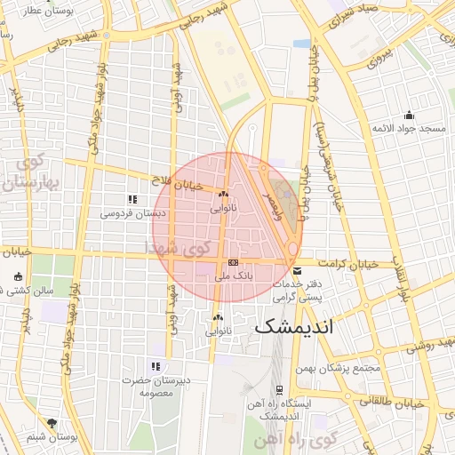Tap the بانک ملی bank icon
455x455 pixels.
(x=233, y=263)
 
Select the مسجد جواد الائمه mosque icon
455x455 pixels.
(x=408, y=115)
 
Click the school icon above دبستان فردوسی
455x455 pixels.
(x=132, y=200)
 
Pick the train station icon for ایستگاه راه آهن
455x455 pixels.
(x=279, y=389)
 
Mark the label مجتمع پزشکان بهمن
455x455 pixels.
(x=341, y=368)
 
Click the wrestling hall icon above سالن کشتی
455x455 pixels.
(x=19, y=276)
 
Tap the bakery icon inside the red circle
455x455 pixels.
(x=222, y=195)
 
